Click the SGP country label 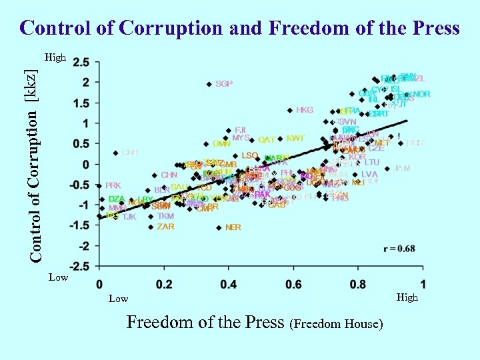[x=224, y=84]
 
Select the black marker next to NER [x=218, y=227]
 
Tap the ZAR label [x=165, y=227]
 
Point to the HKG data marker [x=289, y=111]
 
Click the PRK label [x=113, y=186]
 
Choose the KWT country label [x=295, y=139]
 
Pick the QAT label [x=267, y=140]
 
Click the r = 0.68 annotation [x=399, y=249]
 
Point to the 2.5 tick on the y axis [x=81, y=63]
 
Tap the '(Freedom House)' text [x=337, y=324]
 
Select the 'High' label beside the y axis [x=55, y=58]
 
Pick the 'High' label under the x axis [x=407, y=297]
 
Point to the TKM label [x=165, y=217]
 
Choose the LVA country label [x=369, y=175]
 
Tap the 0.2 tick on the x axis [x=163, y=284]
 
